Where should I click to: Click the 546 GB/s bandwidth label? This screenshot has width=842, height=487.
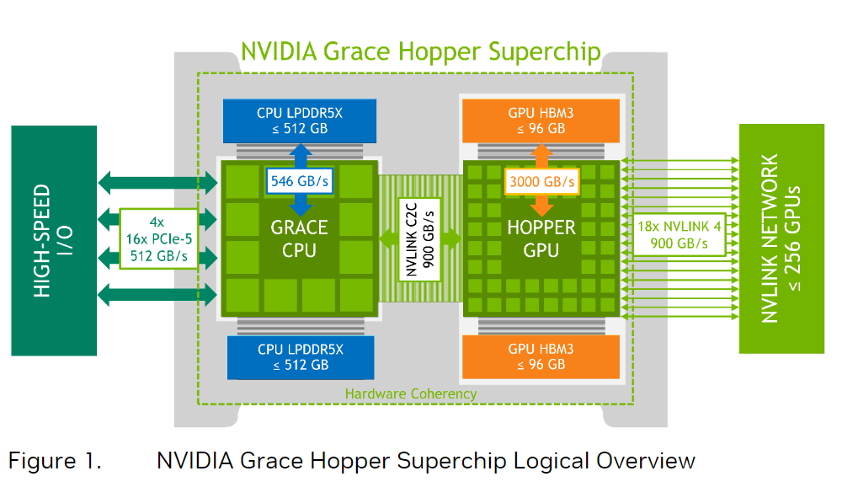click(x=300, y=181)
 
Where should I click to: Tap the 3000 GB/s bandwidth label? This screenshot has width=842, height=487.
click(x=541, y=182)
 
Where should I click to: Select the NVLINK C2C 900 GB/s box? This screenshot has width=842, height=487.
click(x=419, y=239)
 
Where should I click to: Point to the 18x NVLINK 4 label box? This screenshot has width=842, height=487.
click(x=679, y=235)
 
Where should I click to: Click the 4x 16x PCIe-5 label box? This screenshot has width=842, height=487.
click(x=158, y=238)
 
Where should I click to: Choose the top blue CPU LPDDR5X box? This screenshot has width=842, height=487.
click(x=300, y=121)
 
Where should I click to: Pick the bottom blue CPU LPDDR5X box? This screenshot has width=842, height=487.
click(x=301, y=357)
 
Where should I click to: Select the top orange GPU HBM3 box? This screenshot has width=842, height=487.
click(x=541, y=121)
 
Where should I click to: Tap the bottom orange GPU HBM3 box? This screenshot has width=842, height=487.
click(x=541, y=357)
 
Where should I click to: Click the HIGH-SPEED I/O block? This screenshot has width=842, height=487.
click(x=54, y=241)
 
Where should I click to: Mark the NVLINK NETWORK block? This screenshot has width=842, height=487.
click(x=781, y=238)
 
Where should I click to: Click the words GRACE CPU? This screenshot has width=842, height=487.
click(x=299, y=238)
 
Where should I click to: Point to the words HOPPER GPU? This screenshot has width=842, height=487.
click(x=541, y=238)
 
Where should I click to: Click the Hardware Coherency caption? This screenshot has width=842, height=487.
click(x=411, y=394)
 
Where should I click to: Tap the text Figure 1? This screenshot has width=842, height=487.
click(x=55, y=461)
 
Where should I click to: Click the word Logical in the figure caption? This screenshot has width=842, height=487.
click(x=551, y=462)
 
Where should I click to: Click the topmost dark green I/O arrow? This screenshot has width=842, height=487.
click(x=158, y=183)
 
